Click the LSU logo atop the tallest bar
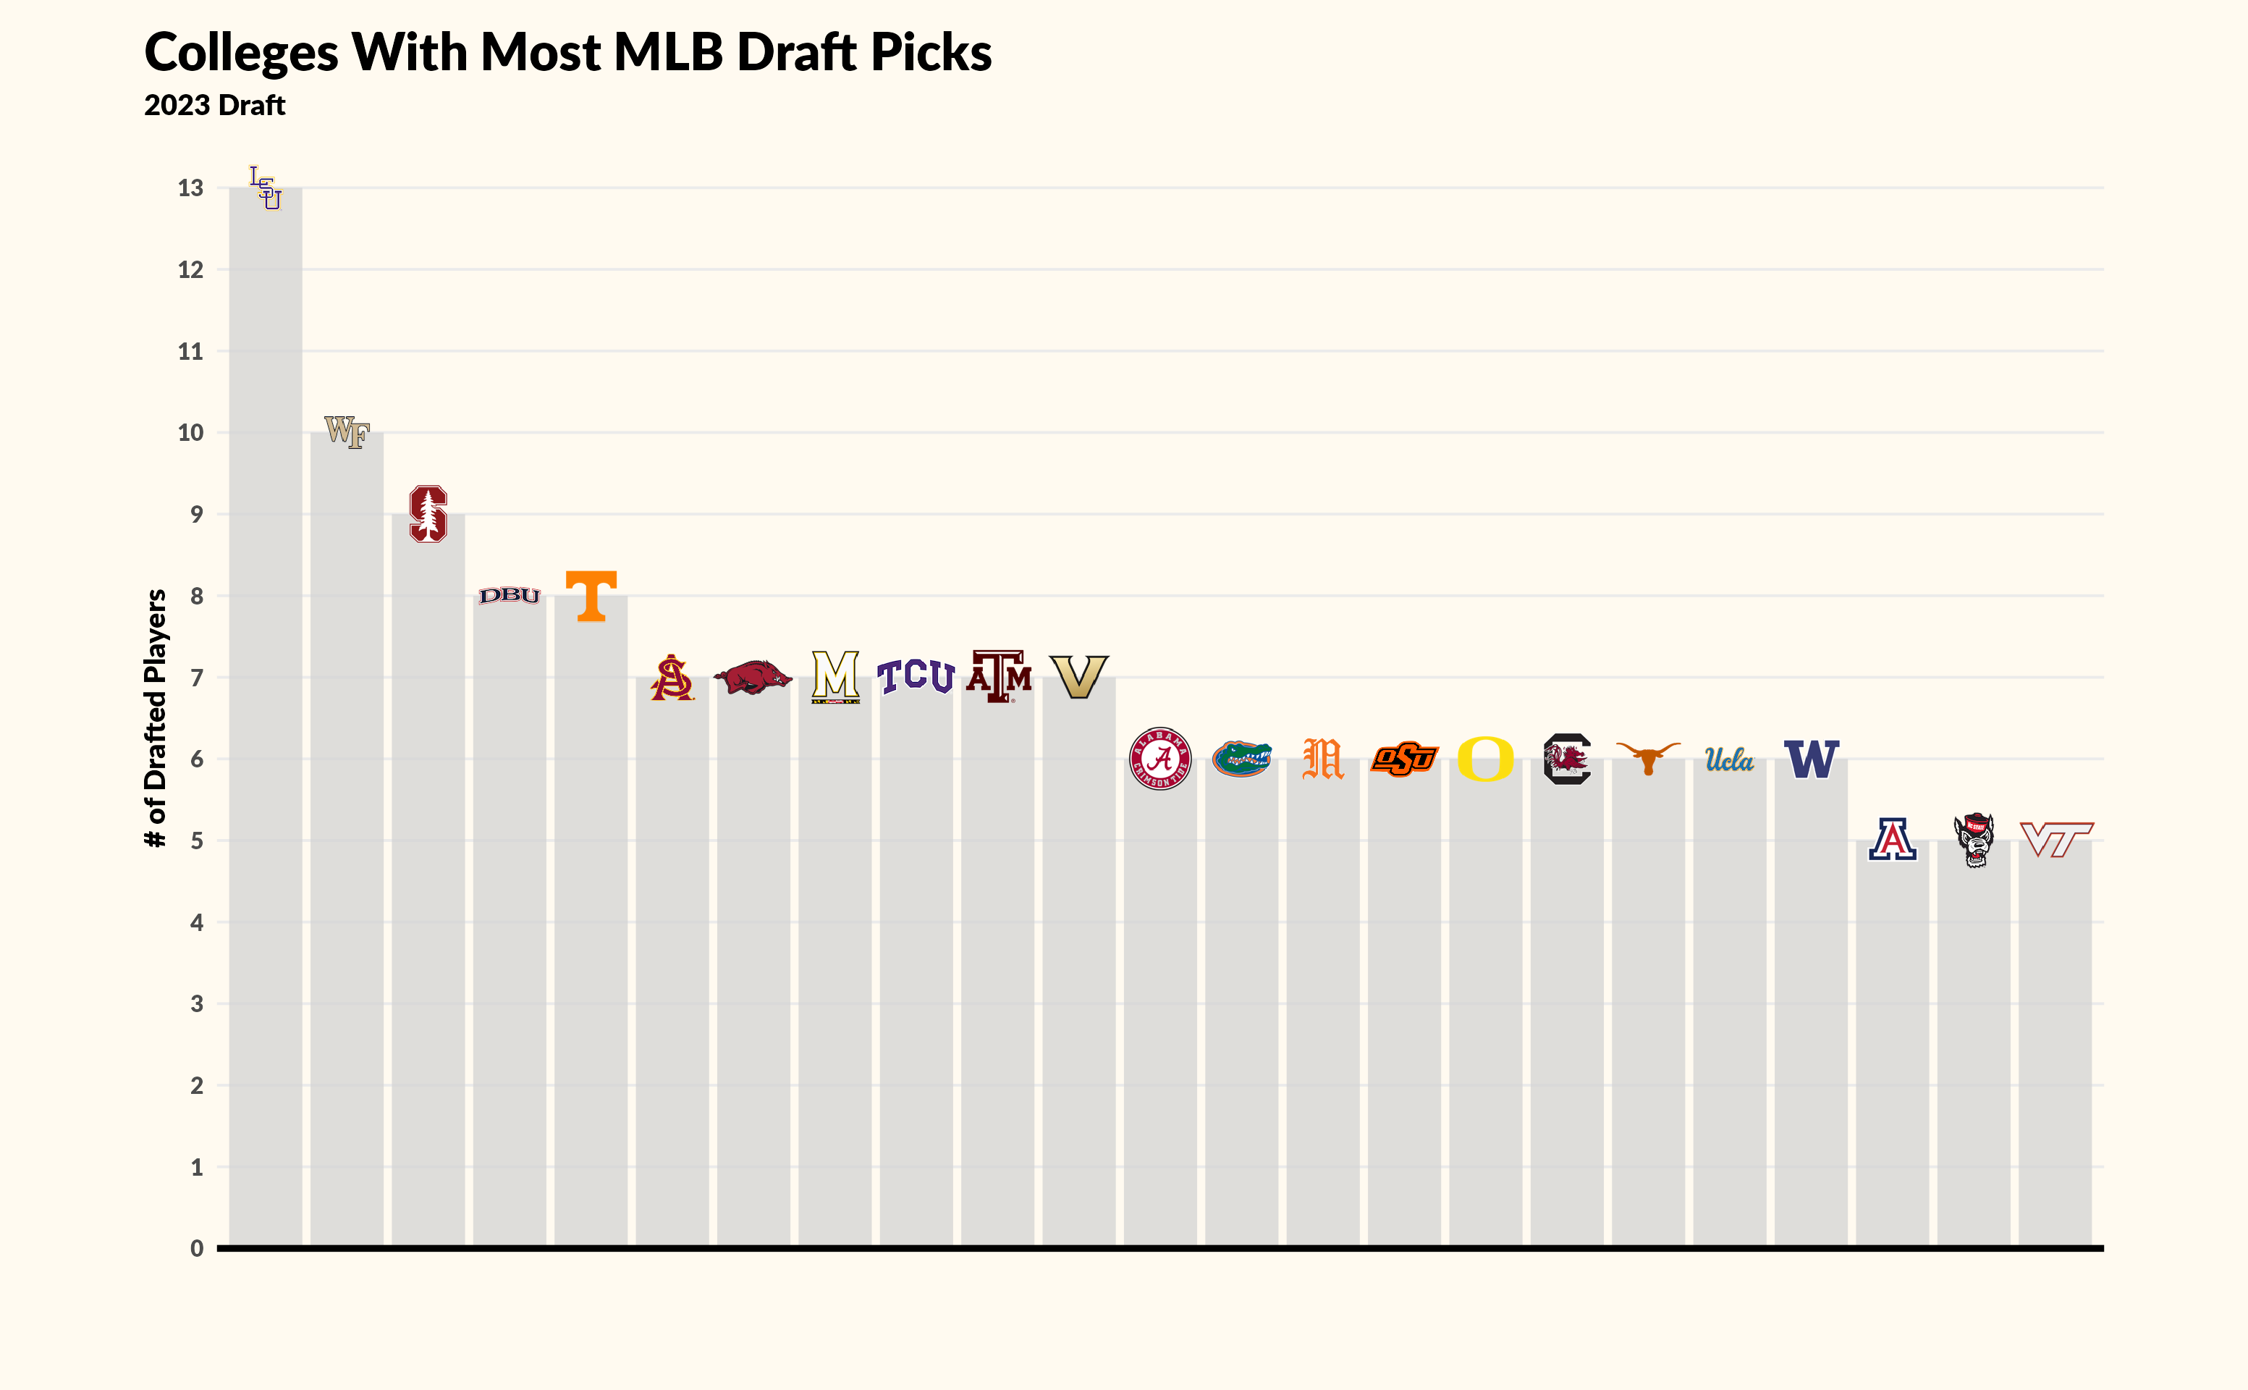266,188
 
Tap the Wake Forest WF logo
347,431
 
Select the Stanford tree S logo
428,514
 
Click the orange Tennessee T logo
591,596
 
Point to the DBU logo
509,596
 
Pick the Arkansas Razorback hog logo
753,678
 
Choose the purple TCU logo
916,677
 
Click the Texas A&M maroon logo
998,677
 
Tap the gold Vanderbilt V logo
1079,677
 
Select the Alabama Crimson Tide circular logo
1160,759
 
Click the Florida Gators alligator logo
1242,759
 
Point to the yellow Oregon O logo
1485,759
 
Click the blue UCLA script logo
1729,759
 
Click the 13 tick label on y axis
190,188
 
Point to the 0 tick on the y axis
197,1248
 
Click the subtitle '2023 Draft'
214,106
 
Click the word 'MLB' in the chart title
668,52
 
